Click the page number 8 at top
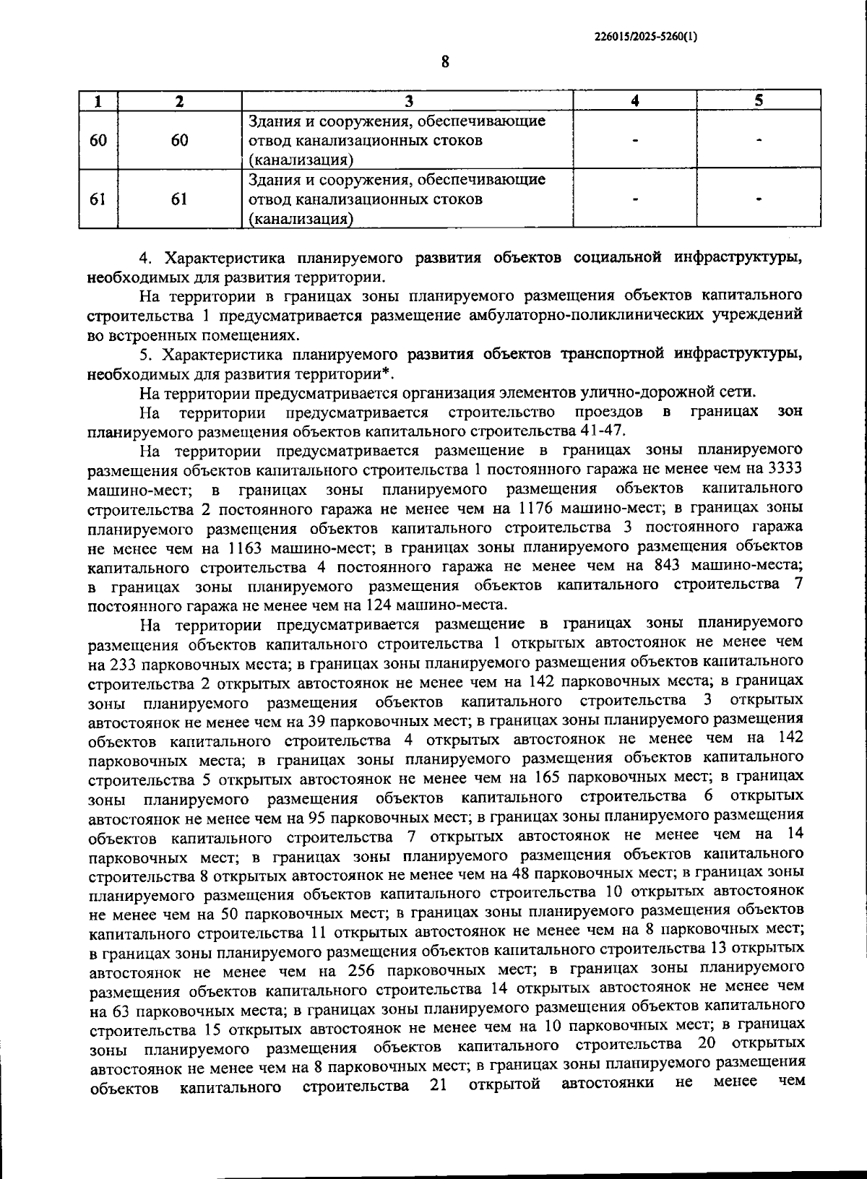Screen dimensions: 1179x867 (x=445, y=62)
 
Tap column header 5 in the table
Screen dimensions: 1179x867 (x=759, y=100)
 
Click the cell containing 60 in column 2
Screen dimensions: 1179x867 (x=180, y=140)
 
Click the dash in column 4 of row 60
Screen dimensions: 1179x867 (x=634, y=140)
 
